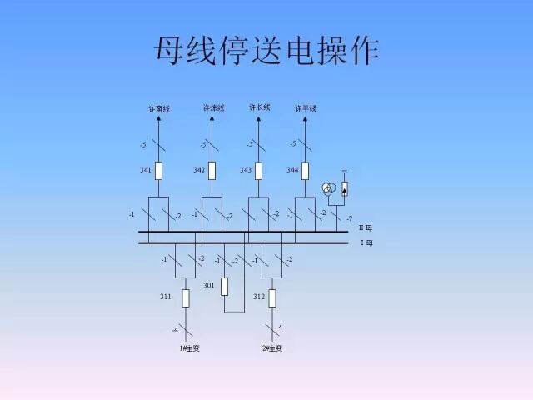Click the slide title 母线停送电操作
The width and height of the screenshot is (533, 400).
point(266,52)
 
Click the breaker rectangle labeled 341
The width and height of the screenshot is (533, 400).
point(159,171)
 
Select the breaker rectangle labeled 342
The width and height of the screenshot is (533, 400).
point(212,171)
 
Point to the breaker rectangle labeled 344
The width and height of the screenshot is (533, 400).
point(306,171)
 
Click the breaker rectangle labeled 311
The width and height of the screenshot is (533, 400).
point(186,297)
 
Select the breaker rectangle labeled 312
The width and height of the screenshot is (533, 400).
point(272,297)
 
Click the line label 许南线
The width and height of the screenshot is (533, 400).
point(159,109)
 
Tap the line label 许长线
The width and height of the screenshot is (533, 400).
point(259,107)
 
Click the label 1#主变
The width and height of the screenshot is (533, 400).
point(189,347)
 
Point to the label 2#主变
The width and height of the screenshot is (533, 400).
point(272,347)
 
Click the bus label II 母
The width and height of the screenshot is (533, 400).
point(366,227)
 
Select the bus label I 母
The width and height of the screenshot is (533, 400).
point(366,242)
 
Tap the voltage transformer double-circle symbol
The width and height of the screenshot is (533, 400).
point(329,189)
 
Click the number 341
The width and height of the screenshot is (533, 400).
point(145,170)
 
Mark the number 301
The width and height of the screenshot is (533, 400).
point(208,286)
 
